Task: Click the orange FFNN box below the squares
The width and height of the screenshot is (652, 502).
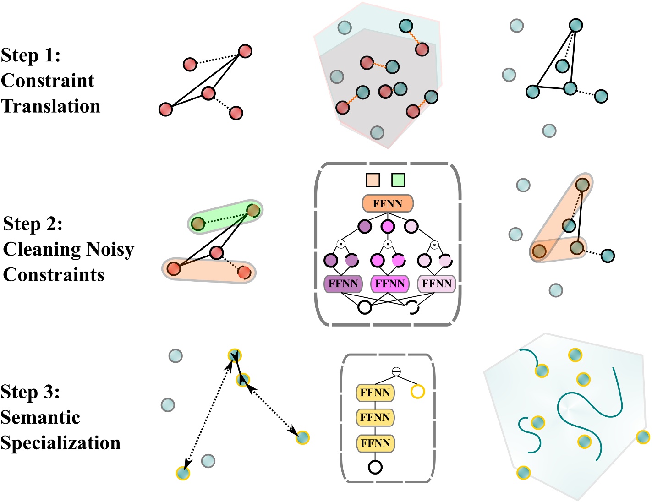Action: [x=388, y=204]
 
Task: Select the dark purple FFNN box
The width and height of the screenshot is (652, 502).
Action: [x=343, y=284]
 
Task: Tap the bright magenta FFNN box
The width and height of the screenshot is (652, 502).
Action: [x=390, y=284]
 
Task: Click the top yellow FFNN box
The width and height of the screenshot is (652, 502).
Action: [x=375, y=393]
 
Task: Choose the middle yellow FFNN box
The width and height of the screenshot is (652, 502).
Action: [x=375, y=418]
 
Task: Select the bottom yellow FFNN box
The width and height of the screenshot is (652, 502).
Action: [x=375, y=443]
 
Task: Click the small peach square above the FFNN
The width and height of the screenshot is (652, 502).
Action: [x=373, y=180]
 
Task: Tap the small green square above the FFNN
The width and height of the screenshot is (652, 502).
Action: [x=398, y=180]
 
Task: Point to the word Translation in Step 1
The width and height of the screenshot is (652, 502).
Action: [x=50, y=106]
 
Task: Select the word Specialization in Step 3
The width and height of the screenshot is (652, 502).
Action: [x=60, y=443]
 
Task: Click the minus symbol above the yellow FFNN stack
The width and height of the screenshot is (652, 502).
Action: [x=396, y=372]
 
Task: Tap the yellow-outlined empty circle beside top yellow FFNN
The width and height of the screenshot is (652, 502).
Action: [x=417, y=392]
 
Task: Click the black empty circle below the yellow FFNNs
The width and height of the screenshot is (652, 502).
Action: [x=375, y=467]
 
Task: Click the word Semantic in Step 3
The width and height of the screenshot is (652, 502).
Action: [x=40, y=417]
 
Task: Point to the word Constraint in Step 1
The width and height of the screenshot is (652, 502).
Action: [x=48, y=81]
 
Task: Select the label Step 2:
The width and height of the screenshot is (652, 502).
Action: [x=33, y=224]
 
